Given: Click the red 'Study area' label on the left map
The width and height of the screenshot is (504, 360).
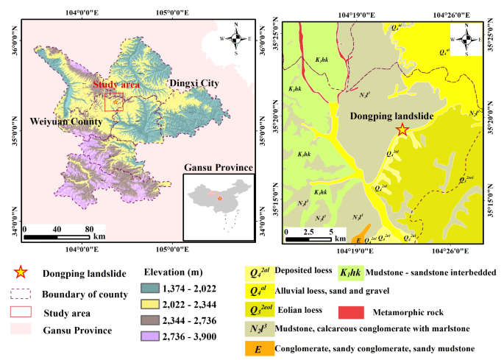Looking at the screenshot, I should pos(116,85).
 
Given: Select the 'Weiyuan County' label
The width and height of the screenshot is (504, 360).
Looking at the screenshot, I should pos(66,119).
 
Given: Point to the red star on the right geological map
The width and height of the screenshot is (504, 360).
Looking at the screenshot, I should pos(402,130).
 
